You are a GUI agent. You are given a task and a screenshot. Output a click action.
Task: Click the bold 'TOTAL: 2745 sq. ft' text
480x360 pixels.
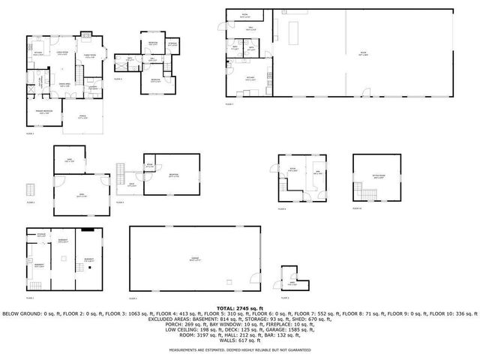(240, 307)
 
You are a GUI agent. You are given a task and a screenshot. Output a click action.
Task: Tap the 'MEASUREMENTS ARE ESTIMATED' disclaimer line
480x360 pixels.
(240, 350)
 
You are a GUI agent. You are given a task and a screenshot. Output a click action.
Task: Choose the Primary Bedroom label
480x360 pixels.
(46, 112)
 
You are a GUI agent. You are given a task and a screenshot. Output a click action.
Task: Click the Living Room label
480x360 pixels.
(63, 52)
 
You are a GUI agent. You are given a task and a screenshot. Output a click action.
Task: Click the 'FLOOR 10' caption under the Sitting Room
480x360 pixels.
(358, 209)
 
